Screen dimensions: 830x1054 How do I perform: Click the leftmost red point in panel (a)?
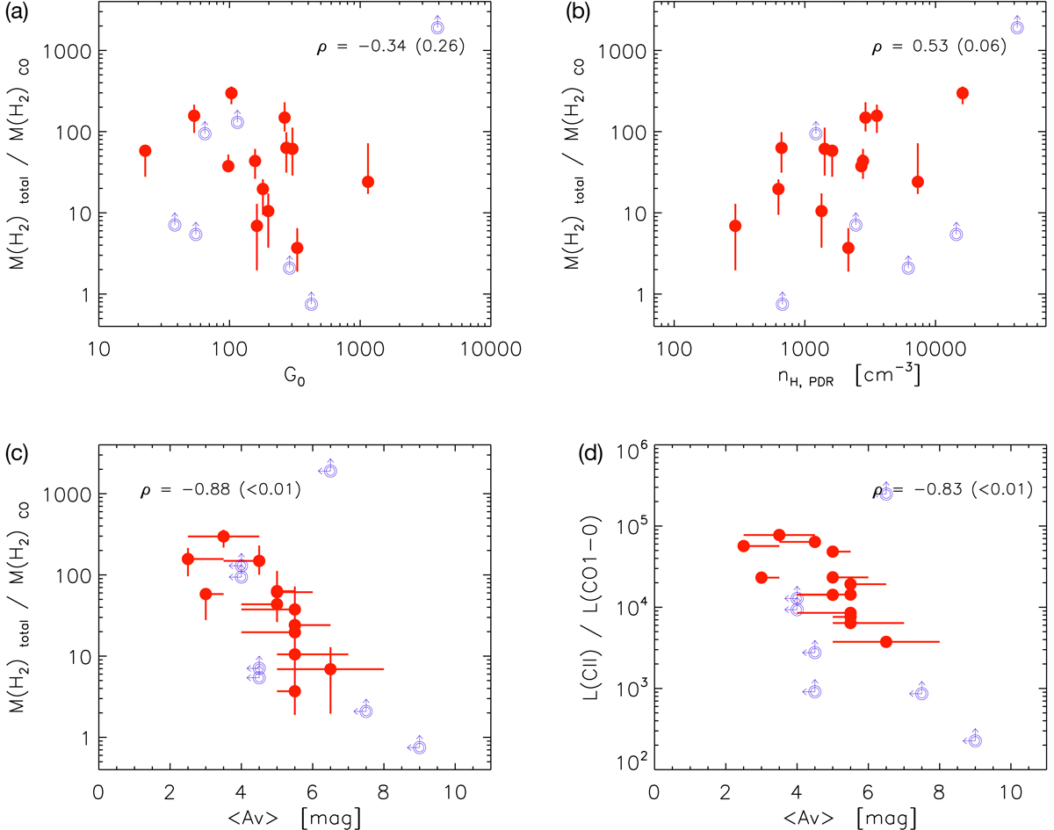click(145, 150)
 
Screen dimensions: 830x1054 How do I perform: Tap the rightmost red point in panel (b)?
click(962, 93)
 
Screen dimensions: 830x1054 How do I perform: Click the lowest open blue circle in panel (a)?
click(311, 303)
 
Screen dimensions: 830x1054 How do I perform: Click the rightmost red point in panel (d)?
click(885, 642)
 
